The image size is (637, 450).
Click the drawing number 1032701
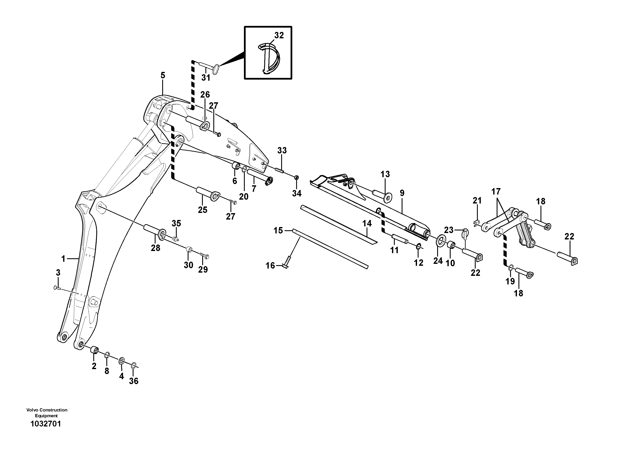[46, 424]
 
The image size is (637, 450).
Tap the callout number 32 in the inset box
[279, 36]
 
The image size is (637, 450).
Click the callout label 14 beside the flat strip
[367, 223]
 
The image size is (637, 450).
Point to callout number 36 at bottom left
[134, 381]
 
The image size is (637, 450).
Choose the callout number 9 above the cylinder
[402, 193]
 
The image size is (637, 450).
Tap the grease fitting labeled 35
[175, 238]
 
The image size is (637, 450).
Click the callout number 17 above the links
[496, 192]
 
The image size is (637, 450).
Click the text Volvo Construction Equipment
[47, 413]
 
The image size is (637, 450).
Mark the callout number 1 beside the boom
[63, 259]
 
